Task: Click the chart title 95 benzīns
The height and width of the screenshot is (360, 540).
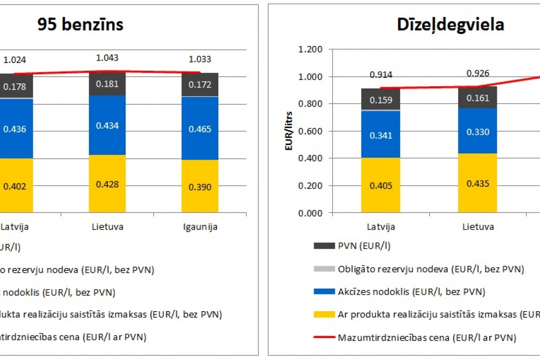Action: click(81, 25)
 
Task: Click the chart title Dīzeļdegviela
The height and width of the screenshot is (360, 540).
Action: click(450, 25)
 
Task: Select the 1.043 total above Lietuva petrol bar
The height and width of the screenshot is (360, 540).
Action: click(108, 58)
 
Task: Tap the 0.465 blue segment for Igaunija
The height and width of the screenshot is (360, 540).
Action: click(200, 128)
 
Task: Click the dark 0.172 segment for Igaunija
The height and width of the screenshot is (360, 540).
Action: click(200, 84)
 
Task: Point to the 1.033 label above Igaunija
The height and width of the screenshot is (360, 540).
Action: click(200, 60)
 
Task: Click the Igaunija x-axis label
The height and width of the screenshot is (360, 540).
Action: click(200, 226)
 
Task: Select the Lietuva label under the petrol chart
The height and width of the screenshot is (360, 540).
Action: click(108, 226)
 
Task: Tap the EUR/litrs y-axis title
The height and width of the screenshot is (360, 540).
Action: click(288, 131)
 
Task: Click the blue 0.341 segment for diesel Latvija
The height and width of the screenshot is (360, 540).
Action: click(381, 135)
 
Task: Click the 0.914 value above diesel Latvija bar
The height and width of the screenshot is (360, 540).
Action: click(381, 75)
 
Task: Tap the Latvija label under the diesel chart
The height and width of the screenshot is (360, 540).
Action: click(381, 226)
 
